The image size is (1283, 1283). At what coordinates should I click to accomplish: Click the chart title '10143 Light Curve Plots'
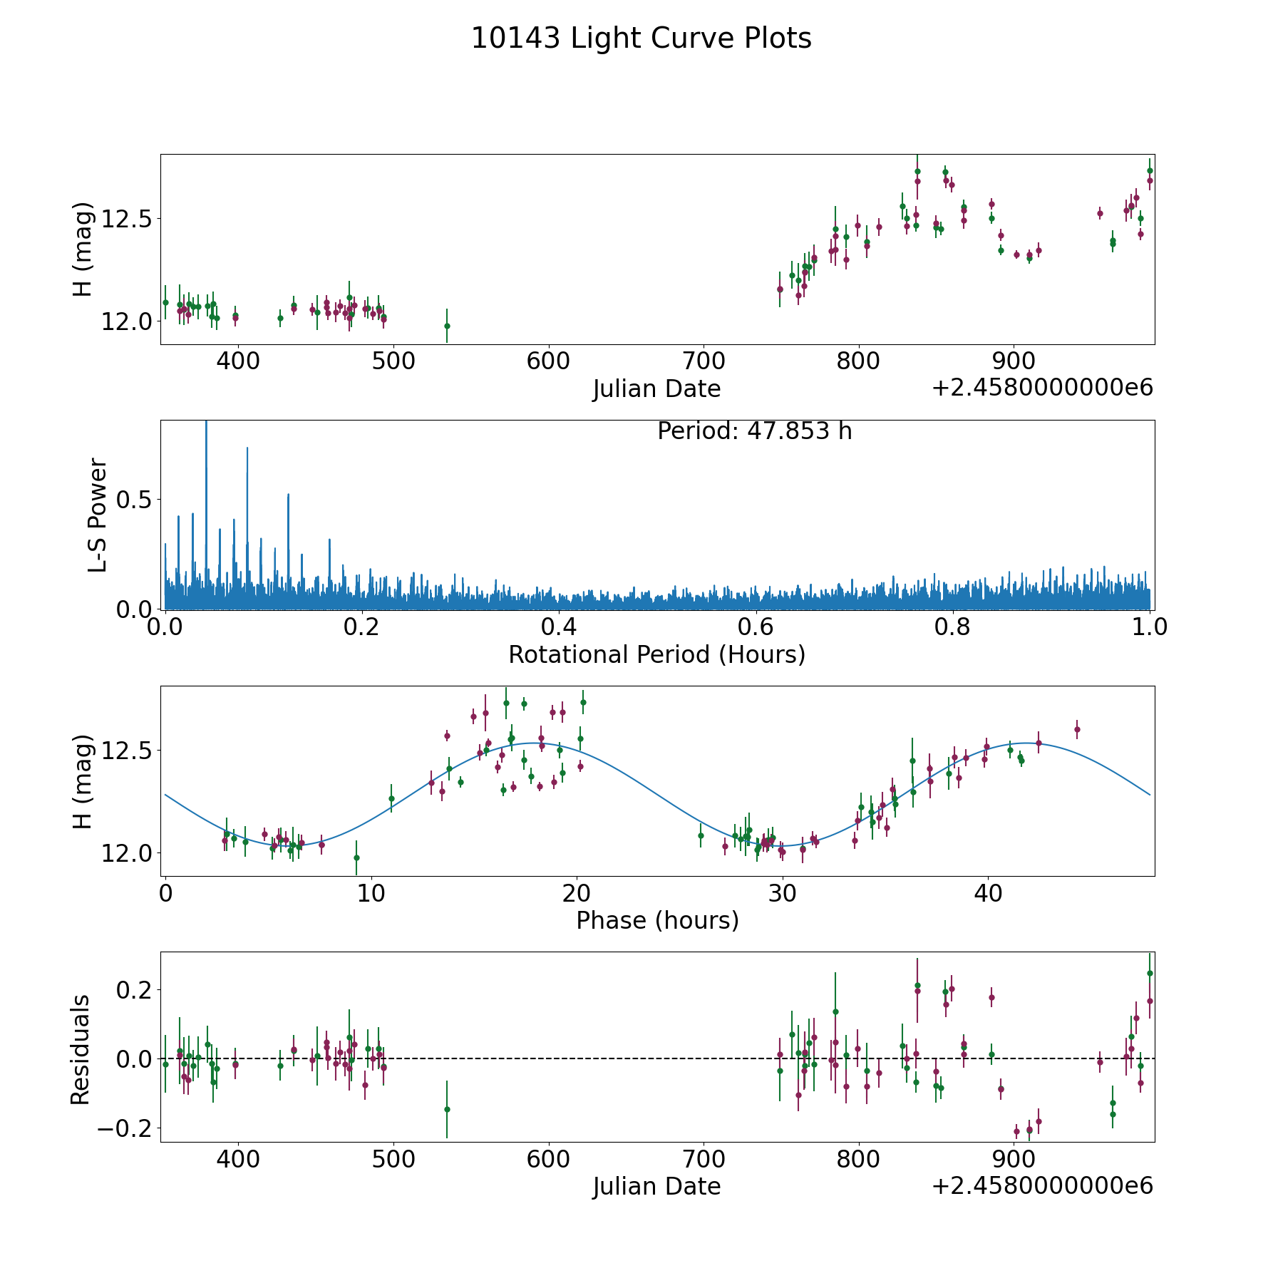641,38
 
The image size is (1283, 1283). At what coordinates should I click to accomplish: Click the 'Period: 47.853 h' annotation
754,431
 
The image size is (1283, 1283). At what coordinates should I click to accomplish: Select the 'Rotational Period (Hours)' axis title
656,654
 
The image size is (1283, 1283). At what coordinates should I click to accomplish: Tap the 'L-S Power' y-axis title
98,515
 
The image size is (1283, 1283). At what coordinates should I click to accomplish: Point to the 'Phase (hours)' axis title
656,920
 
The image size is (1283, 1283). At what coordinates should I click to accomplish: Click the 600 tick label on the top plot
548,361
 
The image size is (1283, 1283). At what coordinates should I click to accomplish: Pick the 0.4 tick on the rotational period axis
559,627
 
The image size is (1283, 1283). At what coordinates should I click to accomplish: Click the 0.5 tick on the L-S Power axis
135,500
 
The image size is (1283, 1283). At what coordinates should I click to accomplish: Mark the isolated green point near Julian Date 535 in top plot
447,326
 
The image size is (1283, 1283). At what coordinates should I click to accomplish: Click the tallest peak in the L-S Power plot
206,428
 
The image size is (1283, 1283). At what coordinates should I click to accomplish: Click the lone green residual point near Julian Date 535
447,1109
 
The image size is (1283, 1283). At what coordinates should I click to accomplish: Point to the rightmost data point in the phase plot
1077,729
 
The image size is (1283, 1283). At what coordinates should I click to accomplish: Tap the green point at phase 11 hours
391,798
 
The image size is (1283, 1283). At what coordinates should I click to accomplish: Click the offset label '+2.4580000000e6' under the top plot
1042,388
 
